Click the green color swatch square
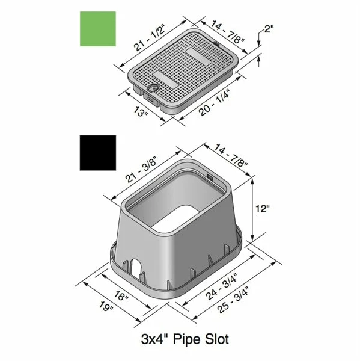click(98, 29)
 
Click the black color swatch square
click(98, 153)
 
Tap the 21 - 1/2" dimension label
click(149, 37)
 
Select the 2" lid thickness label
click(269, 29)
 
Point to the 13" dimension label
click(140, 112)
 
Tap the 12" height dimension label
click(263, 209)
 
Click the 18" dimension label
click(121, 295)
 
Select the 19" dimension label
click(106, 306)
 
